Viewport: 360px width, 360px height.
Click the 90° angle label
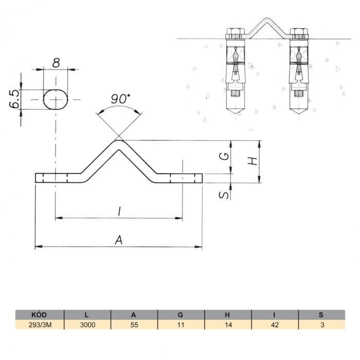point(120,99)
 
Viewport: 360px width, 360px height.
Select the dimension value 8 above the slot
point(56,63)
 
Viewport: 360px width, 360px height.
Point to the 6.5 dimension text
point(14,99)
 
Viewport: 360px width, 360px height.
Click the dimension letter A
point(118,240)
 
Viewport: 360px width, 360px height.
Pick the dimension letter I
point(119,211)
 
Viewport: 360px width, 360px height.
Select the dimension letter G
point(224,156)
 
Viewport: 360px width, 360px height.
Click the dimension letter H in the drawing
point(253,161)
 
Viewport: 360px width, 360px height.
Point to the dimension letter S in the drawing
point(224,195)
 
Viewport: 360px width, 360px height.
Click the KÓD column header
point(39,315)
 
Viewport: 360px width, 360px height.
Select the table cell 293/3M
point(40,325)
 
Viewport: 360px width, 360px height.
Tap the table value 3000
point(88,325)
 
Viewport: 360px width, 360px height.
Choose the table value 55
point(134,325)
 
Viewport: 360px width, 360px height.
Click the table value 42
point(275,325)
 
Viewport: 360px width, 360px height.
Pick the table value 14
point(228,325)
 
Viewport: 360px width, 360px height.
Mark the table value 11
point(181,325)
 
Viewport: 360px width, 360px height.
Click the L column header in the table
point(86,315)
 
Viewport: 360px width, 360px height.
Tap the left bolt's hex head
point(236,31)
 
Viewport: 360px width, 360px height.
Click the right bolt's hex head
point(299,31)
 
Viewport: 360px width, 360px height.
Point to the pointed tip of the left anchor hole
point(236,114)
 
